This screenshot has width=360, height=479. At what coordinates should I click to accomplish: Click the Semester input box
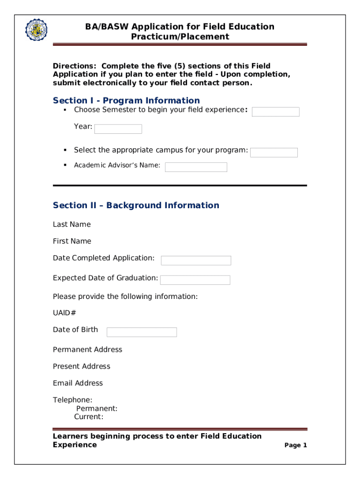point(275,112)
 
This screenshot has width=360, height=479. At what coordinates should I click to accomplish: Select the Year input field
point(118,129)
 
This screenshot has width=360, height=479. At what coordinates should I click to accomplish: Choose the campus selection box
point(274,152)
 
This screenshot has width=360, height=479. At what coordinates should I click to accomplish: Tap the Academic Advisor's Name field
point(196,167)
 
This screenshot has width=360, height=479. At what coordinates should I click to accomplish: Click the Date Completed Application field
point(196,261)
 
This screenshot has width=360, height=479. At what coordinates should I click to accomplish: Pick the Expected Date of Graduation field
point(195,280)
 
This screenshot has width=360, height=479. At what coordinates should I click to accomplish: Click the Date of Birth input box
point(142,332)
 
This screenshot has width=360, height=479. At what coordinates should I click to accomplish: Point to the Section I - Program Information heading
point(126,101)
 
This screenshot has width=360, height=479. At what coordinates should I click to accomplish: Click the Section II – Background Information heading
point(136,205)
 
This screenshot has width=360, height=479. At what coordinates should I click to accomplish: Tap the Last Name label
point(72,225)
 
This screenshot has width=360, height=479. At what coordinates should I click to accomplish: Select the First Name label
point(72,241)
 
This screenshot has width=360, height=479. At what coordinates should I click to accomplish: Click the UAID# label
point(65,313)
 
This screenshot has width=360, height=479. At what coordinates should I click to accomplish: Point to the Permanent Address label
point(87,349)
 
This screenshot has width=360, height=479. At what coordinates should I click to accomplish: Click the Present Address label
point(81,366)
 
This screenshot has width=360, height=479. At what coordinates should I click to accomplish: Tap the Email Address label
point(78,383)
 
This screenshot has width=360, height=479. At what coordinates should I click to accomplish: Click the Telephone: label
point(72,400)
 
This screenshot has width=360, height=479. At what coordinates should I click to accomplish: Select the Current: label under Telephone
point(88,417)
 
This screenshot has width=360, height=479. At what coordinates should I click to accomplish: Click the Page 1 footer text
point(295,445)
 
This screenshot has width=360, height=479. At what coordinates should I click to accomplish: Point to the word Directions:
point(75,66)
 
